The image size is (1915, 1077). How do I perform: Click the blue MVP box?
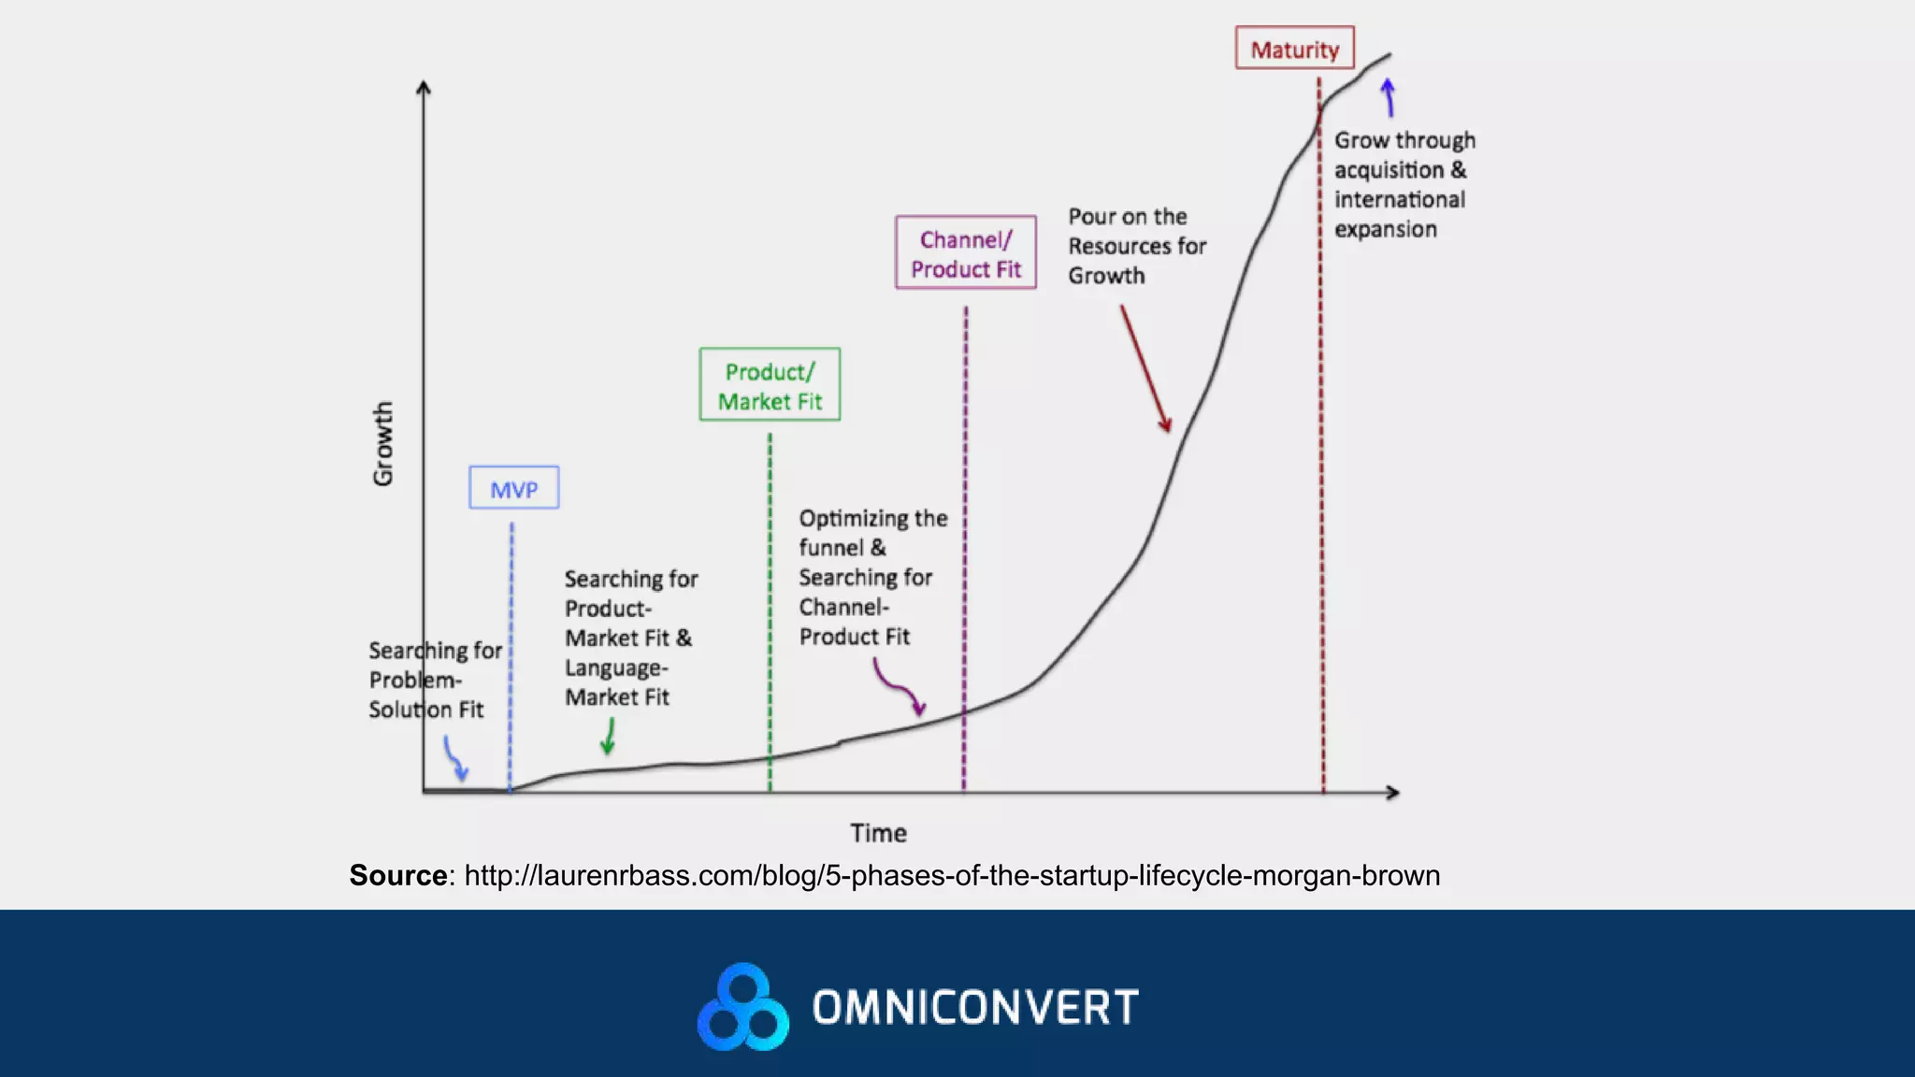[x=513, y=488]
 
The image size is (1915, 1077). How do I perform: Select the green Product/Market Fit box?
[x=770, y=385]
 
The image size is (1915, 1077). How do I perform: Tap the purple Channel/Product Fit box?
[x=965, y=253]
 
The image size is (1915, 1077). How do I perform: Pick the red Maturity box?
[x=1294, y=49]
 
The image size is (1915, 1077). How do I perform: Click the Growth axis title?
[x=383, y=444]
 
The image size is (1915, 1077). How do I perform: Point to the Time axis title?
[x=878, y=833]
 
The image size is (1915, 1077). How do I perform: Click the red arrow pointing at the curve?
[x=1145, y=369]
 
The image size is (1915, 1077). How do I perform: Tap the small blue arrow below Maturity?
[x=1389, y=98]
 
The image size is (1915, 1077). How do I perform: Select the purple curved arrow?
[x=899, y=687]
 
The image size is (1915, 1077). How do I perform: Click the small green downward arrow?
[x=609, y=737]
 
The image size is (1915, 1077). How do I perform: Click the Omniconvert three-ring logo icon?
[x=743, y=1007]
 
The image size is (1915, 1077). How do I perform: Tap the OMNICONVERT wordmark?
[x=975, y=1008]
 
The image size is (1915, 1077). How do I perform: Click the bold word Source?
[x=397, y=876]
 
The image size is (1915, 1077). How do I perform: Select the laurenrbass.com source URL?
[x=952, y=876]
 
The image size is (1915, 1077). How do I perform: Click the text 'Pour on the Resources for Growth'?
[x=1136, y=246]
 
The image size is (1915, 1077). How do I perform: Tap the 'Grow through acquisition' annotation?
[x=1403, y=184]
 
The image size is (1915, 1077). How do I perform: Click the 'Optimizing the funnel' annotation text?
[x=871, y=577]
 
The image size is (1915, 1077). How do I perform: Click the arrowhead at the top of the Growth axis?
[x=424, y=87]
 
